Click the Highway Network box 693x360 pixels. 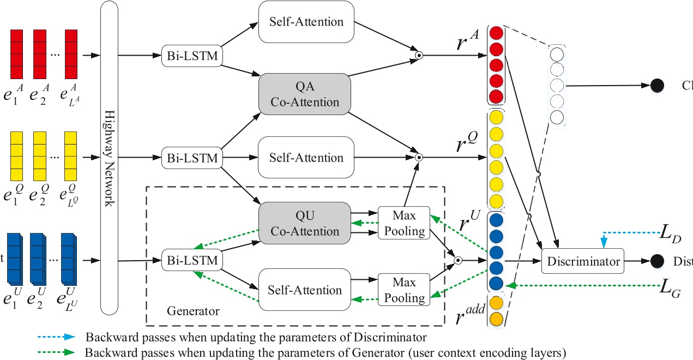(110, 158)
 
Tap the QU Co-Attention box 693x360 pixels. (304, 223)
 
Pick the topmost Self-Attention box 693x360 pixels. (306, 22)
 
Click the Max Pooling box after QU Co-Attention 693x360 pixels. (404, 223)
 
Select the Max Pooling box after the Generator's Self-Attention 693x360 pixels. (404, 290)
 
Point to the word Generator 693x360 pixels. (193, 311)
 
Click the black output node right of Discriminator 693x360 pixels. (657, 261)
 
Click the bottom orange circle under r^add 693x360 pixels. (496, 320)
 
